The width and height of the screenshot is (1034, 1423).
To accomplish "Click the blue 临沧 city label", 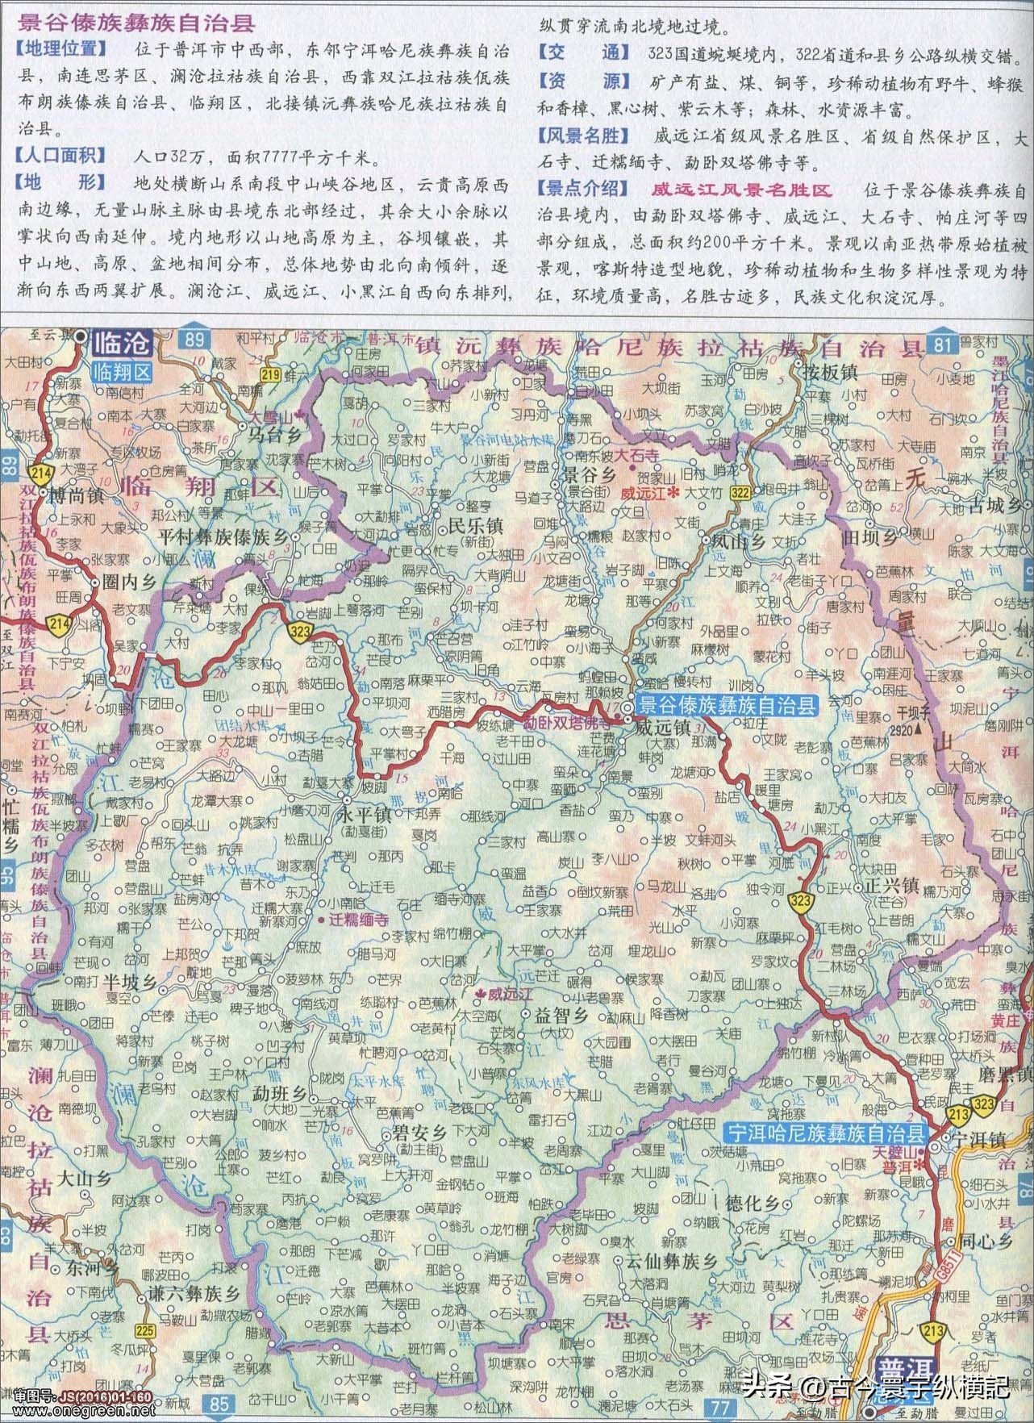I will (121, 344).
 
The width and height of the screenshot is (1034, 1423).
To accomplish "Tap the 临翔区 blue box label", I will (121, 372).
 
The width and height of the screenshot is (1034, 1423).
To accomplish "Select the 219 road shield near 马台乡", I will (270, 373).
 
